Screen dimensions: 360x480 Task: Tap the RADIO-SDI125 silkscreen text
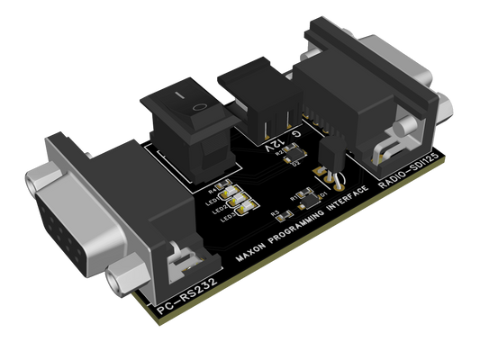pyautogui.click(x=411, y=173)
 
